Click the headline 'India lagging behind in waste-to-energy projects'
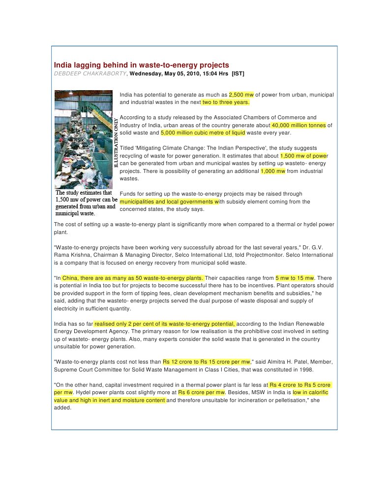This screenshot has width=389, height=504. (x=141, y=65)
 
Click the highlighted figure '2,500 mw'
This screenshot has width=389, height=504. (x=241, y=95)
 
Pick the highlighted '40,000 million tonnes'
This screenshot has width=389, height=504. (x=299, y=125)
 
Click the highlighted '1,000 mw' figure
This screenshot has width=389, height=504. (x=273, y=171)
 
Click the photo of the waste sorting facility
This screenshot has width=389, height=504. (x=84, y=139)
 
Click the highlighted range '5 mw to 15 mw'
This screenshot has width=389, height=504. (x=295, y=278)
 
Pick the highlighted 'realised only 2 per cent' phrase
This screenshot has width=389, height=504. (x=165, y=324)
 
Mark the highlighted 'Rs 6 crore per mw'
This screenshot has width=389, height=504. (x=202, y=393)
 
